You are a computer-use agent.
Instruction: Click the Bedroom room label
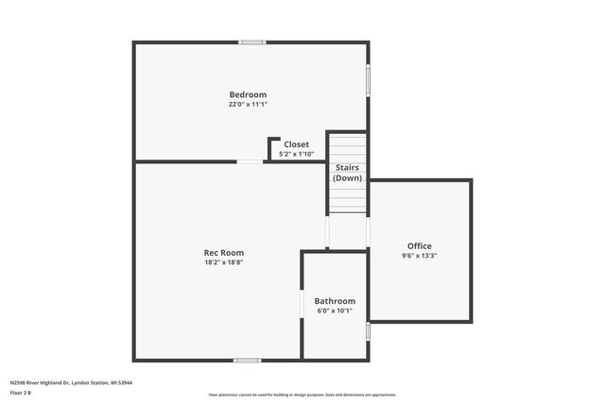248,94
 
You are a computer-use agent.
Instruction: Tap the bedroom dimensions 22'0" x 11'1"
248,105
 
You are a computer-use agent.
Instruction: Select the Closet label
297,144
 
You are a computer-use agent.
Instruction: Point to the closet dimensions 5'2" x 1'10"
297,154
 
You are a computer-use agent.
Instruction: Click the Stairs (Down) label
347,173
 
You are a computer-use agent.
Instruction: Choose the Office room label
419,245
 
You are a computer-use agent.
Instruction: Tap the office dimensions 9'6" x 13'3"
419,256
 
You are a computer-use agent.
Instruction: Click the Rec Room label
224,252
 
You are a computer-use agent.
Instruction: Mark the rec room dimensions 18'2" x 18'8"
224,262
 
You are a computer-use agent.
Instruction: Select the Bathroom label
335,301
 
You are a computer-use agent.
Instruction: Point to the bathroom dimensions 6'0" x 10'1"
335,311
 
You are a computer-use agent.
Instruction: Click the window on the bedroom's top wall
251,42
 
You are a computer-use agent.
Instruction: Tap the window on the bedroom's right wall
368,79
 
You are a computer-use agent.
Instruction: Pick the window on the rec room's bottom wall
248,360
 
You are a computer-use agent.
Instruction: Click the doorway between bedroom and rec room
250,161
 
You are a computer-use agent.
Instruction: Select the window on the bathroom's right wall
368,332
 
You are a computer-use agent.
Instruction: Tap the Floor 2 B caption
21,393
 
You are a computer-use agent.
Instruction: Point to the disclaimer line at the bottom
302,395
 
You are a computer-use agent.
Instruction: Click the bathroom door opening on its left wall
302,303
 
